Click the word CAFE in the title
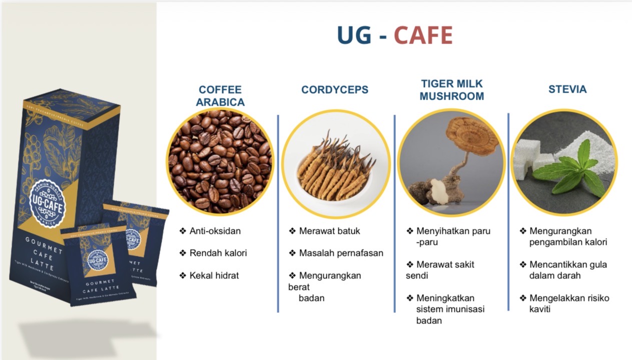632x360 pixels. point(423,35)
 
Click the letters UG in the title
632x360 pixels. point(354,35)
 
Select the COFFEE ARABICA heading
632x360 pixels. point(220,96)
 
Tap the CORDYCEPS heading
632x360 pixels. point(334,90)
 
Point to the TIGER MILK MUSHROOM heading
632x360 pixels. point(451,90)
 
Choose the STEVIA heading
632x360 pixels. point(567,89)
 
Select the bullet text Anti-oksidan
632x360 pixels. point(215,231)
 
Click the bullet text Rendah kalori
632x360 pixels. point(218,253)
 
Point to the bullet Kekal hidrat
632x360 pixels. point(214,275)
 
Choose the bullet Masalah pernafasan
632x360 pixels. point(341,253)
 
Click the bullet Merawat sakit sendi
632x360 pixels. point(440,269)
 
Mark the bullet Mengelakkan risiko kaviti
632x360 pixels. point(569,303)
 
